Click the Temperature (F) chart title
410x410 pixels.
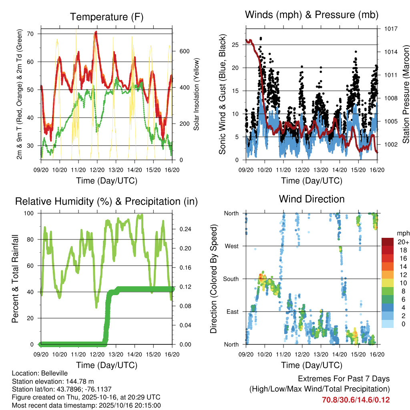click(x=107, y=17)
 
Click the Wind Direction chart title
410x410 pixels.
click(x=312, y=199)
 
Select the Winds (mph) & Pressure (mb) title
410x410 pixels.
click(x=312, y=15)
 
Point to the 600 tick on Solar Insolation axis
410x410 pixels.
click(x=184, y=51)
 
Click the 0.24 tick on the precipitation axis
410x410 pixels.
click(x=184, y=229)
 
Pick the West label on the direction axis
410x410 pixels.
click(x=231, y=246)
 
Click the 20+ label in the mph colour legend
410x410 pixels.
click(x=403, y=242)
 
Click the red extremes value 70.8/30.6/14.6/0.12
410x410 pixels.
click(x=356, y=400)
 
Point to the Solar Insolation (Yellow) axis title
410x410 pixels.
click(x=197, y=94)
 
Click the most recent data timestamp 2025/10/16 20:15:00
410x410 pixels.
click(x=119, y=405)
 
